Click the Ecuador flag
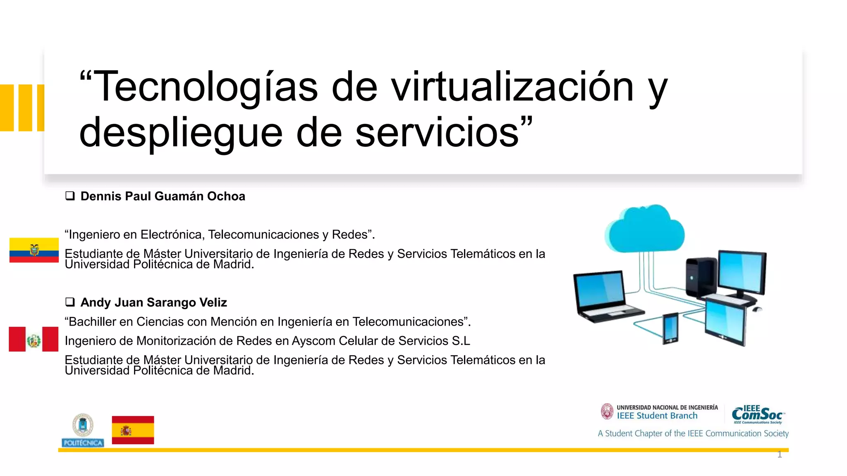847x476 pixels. [34, 250]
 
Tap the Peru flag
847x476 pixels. [33, 339]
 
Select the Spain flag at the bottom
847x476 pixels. [133, 430]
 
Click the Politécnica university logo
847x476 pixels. [83, 430]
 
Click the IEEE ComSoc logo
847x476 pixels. [758, 414]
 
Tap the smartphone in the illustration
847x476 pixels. [670, 328]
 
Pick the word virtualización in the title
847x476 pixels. [512, 87]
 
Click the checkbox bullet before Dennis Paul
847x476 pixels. [70, 196]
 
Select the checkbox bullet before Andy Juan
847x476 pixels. [70, 302]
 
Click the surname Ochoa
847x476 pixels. [226, 196]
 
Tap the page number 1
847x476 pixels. [780, 455]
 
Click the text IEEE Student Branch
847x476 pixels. [657, 416]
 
